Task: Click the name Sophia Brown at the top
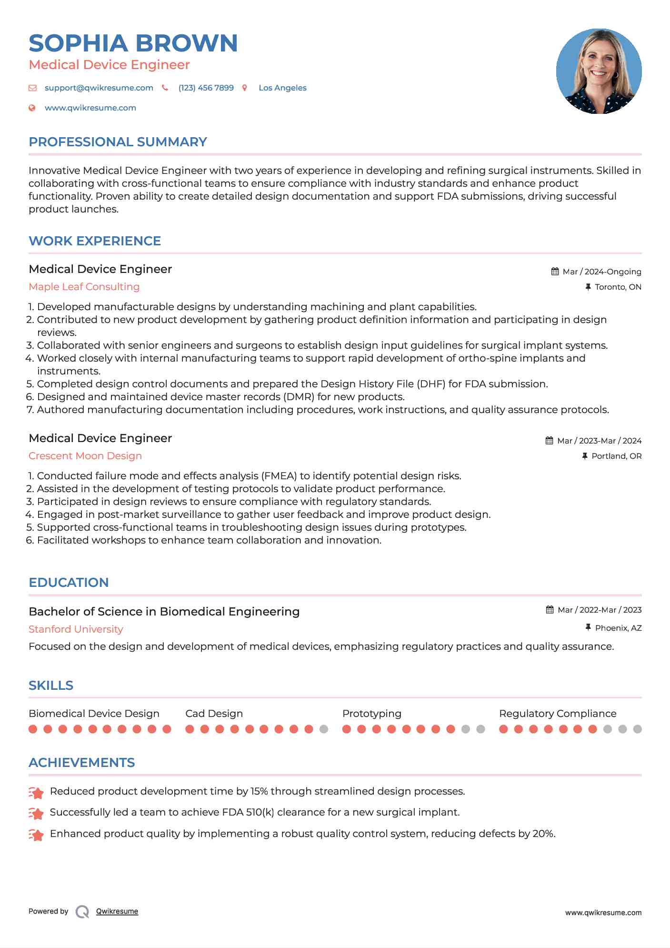pyautogui.click(x=133, y=43)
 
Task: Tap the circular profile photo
pyautogui.click(x=599, y=71)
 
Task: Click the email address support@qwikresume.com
pyautogui.click(x=99, y=88)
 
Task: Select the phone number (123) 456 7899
pyautogui.click(x=206, y=88)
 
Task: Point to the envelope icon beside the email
pyautogui.click(x=32, y=88)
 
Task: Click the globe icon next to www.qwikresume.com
pyautogui.click(x=32, y=108)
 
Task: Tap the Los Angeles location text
pyautogui.click(x=282, y=88)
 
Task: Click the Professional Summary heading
pyautogui.click(x=118, y=142)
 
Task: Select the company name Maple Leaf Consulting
pyautogui.click(x=84, y=287)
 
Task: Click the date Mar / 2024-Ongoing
pyautogui.click(x=602, y=272)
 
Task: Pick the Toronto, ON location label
pyautogui.click(x=618, y=287)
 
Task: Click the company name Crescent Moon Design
pyautogui.click(x=85, y=456)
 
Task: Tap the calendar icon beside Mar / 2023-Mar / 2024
pyautogui.click(x=549, y=441)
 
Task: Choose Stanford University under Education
pyautogui.click(x=76, y=629)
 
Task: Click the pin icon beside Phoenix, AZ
pyautogui.click(x=588, y=628)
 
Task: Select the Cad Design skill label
pyautogui.click(x=214, y=714)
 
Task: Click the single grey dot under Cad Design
pyautogui.click(x=324, y=729)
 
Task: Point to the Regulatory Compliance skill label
pyautogui.click(x=558, y=714)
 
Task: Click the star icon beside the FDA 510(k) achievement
pyautogui.click(x=36, y=813)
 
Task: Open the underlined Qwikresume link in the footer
pyautogui.click(x=117, y=911)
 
